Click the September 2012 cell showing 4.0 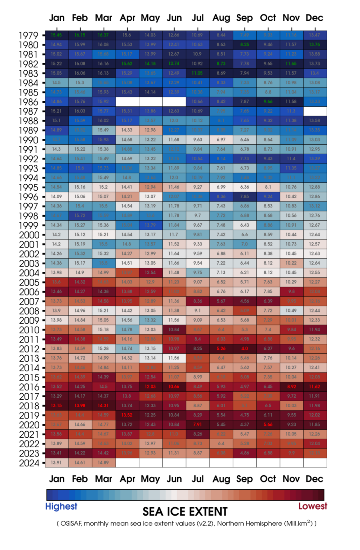coord(244,349)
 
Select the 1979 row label coord(28,36)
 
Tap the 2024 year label coord(29,463)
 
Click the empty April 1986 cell coord(127,102)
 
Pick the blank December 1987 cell coord(315,111)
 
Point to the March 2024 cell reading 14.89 coord(103,462)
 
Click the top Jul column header coord(198,18)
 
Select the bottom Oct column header coord(268,479)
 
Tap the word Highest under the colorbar coord(61,506)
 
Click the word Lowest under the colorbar coord(312,506)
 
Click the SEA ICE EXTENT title coord(185,512)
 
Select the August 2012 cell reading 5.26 coord(221,349)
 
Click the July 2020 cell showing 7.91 coord(198,424)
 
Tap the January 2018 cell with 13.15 coord(56,405)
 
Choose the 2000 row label coord(29,235)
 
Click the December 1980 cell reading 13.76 coord(315,44)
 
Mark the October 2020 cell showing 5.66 coord(268,424)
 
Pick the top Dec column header coord(314,18)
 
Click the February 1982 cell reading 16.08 coord(80,64)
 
